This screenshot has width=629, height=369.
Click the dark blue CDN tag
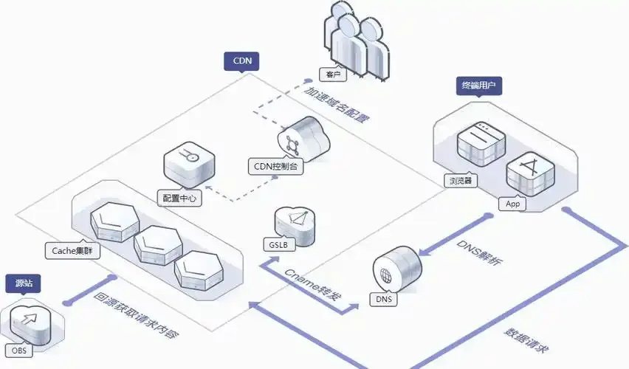pos(241,61)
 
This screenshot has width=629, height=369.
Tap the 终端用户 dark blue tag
pos(479,86)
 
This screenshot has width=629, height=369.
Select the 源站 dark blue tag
pos(24,283)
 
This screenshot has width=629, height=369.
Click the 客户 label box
pos(333,75)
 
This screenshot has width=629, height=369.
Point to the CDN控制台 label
pos(276,166)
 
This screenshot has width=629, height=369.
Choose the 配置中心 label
pos(179,198)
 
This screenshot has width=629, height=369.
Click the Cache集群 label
pos(72,251)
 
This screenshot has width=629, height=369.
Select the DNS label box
pos(384,299)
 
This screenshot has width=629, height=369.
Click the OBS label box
pos(19,351)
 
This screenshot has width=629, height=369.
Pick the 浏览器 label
pos(461,181)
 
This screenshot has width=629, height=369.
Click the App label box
pos(512,204)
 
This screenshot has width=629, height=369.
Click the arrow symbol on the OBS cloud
pos(29,320)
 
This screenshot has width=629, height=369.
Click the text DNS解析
pos(478,252)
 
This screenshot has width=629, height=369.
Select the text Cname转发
pos(313,285)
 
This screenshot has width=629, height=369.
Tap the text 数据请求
pos(526,340)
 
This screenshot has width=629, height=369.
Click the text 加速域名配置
pos(336,104)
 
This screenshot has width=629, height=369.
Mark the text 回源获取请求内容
pos(136,316)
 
